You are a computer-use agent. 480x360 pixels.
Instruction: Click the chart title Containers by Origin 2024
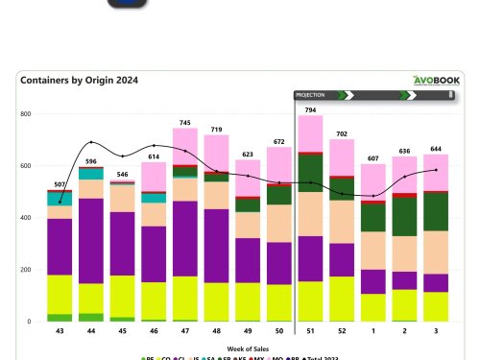pyautogui.click(x=80, y=82)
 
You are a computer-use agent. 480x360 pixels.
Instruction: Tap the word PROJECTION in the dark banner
pyautogui.click(x=310, y=96)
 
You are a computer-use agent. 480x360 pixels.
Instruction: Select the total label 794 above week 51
pyautogui.click(x=309, y=108)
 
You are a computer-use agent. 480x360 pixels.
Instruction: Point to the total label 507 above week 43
pyautogui.click(x=60, y=183)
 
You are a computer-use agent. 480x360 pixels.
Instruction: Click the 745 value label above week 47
pyautogui.click(x=184, y=122)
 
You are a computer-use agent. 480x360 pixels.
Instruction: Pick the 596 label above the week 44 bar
pyautogui.click(x=91, y=161)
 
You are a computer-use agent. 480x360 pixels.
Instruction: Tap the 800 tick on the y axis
pyautogui.click(x=26, y=114)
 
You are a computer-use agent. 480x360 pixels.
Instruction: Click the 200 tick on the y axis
pyautogui.click(x=26, y=270)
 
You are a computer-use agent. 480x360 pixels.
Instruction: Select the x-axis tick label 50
pyautogui.click(x=278, y=331)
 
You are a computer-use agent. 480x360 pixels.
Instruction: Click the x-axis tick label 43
pyautogui.click(x=60, y=331)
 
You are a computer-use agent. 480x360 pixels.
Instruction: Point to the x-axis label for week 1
pyautogui.click(x=372, y=331)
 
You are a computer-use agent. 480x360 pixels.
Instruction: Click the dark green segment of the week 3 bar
pyautogui.click(x=435, y=211)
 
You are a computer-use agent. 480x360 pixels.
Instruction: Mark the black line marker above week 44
pyautogui.click(x=91, y=142)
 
